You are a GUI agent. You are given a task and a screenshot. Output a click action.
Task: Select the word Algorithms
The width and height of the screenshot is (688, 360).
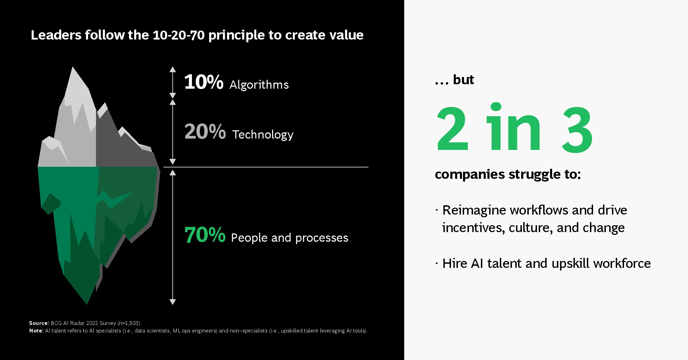259,85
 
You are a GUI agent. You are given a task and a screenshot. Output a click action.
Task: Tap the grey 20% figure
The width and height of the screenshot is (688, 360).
205,131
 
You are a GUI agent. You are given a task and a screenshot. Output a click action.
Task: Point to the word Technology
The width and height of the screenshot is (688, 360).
263,134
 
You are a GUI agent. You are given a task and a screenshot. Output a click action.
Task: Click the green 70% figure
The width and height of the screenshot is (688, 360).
205,235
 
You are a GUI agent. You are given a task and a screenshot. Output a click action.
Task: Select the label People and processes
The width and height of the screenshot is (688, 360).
290,238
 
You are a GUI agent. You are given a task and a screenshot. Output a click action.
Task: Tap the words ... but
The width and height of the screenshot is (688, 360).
454,80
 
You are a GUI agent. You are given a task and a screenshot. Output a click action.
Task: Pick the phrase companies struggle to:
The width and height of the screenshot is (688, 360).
508,174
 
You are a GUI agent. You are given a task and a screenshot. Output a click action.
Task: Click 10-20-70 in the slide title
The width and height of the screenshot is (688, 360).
179,35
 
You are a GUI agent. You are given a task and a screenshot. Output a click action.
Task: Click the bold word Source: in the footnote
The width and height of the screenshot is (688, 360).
39,323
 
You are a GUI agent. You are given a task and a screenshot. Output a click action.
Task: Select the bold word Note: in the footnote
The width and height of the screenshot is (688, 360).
36,331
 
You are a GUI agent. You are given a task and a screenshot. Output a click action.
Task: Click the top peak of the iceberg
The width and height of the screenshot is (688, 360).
73,67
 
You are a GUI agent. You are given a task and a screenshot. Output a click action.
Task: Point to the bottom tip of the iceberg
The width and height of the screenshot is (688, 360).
87,304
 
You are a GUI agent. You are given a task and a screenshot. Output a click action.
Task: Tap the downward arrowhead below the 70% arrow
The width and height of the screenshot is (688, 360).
173,302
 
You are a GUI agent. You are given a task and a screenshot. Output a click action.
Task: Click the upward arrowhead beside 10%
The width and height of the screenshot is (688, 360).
173,69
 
